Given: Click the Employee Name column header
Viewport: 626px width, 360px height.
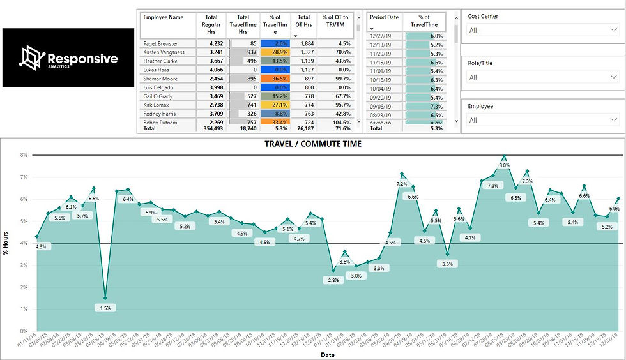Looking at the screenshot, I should click(163, 17).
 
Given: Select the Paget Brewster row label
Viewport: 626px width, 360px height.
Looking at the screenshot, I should click(160, 43).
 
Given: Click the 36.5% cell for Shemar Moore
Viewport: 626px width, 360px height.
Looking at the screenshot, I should click(275, 79).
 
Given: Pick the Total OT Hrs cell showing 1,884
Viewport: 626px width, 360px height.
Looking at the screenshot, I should click(303, 43).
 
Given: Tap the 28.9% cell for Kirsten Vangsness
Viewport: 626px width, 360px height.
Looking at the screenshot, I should click(275, 52).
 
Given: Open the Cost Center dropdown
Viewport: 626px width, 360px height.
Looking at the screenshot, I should click(540, 30).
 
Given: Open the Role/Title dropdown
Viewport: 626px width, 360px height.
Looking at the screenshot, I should click(540, 77).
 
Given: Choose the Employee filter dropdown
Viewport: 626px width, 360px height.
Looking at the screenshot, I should click(540, 120).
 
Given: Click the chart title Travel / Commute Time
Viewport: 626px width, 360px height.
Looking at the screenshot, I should click(313, 144).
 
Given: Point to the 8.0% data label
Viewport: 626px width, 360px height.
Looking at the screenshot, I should click(504, 165).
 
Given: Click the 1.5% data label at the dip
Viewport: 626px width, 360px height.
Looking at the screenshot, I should click(105, 308).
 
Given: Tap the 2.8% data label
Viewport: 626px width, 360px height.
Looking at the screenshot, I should click(333, 280).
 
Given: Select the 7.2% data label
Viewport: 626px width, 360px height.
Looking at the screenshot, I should click(401, 184).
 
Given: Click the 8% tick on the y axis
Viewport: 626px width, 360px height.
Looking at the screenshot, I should click(24, 155).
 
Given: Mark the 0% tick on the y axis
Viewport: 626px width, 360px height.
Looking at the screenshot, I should click(24, 331).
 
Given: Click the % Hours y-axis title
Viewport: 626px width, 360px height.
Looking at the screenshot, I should click(6, 243).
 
